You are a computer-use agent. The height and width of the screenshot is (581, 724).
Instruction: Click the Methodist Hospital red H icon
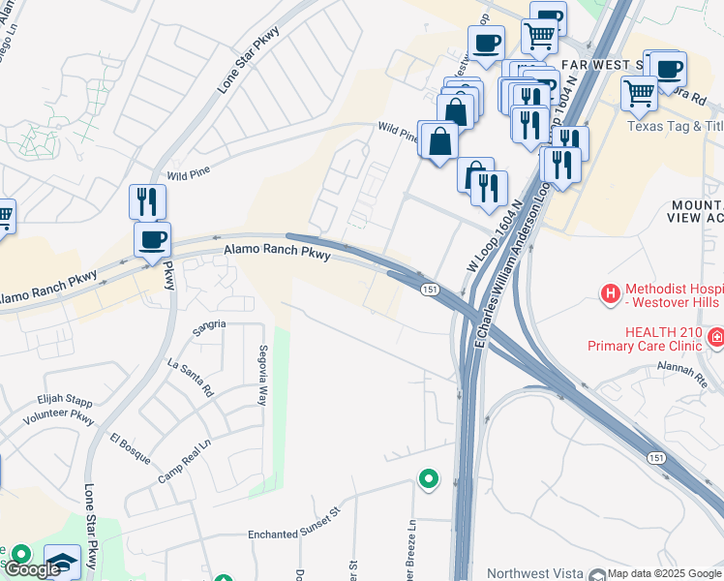click(x=610, y=292)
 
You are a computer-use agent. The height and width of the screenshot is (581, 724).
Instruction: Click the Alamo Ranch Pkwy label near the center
click(x=278, y=254)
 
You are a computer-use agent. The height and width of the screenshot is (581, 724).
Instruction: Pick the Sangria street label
click(x=209, y=324)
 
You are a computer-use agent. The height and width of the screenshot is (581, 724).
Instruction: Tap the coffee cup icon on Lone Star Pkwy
click(x=152, y=239)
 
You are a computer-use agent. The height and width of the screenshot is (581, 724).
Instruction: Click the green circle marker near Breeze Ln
click(x=427, y=478)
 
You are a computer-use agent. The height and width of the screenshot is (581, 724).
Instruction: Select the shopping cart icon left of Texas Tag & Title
click(x=639, y=93)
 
